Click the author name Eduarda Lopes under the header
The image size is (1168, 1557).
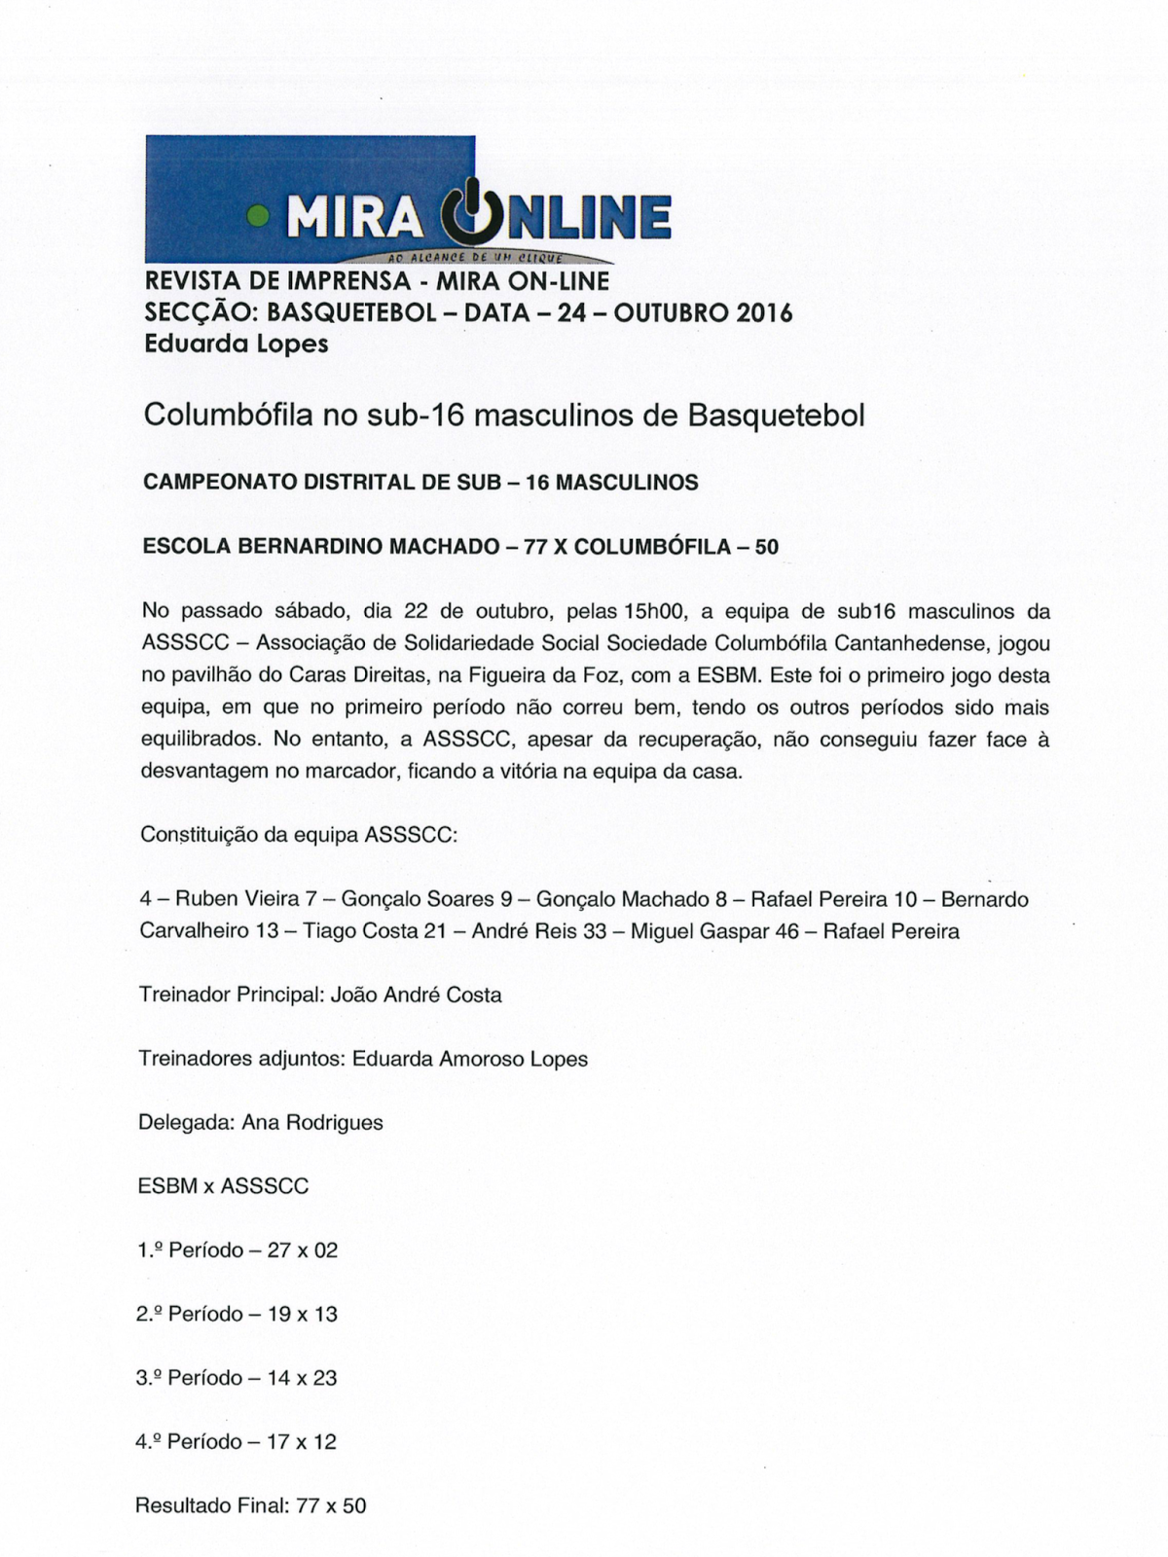pos(236,344)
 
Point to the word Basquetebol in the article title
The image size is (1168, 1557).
pos(776,416)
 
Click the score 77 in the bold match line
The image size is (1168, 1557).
pos(535,547)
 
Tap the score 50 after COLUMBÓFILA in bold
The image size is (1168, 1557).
pos(766,547)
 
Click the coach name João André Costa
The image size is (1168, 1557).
pos(417,996)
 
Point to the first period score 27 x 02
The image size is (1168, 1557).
pos(302,1250)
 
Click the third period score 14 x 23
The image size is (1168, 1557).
pos(302,1378)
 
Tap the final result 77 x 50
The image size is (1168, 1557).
pos(331,1505)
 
